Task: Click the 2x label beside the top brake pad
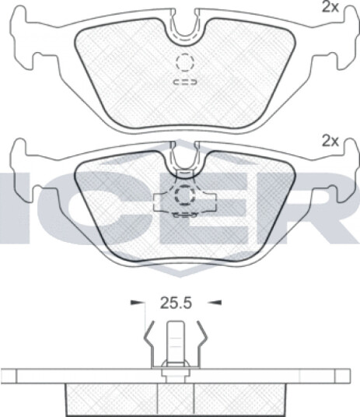330,7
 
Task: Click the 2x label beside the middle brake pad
330,142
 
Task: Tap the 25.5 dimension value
176,303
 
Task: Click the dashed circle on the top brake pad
185,62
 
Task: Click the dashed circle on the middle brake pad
185,196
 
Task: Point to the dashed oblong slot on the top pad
185,82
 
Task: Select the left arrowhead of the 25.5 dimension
136,303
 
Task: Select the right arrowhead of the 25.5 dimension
215,303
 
